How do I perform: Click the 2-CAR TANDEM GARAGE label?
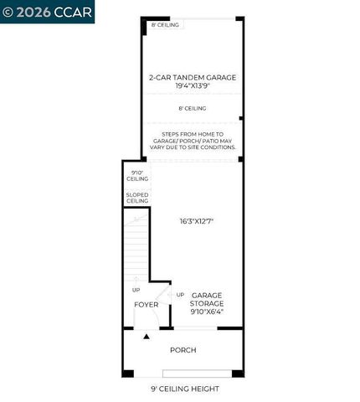click(x=192, y=77)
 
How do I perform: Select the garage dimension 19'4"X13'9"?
click(x=192, y=85)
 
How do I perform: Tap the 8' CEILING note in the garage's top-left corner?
click(x=166, y=25)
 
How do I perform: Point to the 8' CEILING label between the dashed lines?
click(x=192, y=108)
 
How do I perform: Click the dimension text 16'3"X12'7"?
click(x=197, y=221)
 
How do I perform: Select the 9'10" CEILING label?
click(x=137, y=176)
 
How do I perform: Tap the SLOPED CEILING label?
click(x=137, y=198)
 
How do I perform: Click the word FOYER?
click(x=147, y=304)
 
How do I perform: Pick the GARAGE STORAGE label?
click(x=206, y=299)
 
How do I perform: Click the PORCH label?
click(x=183, y=349)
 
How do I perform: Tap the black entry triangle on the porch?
click(x=147, y=336)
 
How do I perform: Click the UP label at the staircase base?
click(x=136, y=290)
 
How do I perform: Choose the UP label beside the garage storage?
click(x=180, y=295)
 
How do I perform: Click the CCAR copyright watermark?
click(x=47, y=11)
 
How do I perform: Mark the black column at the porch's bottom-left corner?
click(x=127, y=372)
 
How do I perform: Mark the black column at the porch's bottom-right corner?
click(x=238, y=372)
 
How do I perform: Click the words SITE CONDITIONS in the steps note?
click(x=213, y=147)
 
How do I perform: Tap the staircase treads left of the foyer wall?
click(x=136, y=247)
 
